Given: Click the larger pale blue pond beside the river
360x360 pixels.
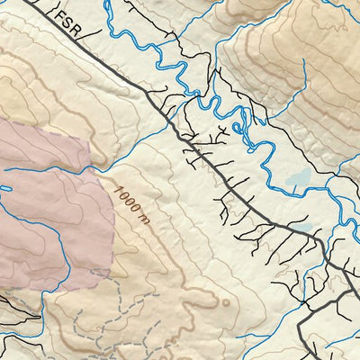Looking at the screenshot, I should click(x=299, y=179).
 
